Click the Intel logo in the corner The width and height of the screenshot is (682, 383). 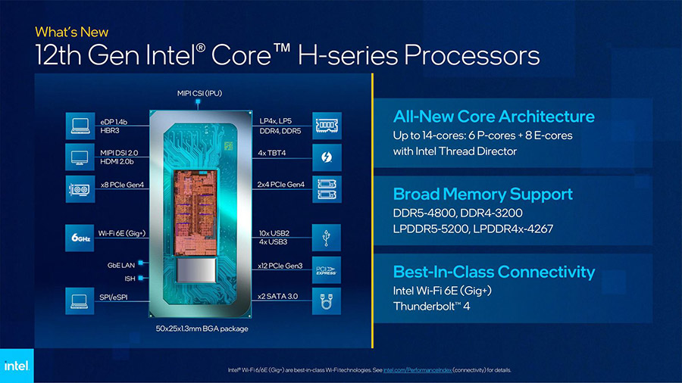[17, 366]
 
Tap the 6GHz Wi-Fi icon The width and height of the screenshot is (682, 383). [80, 238]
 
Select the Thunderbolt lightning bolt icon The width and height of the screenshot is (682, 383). [327, 157]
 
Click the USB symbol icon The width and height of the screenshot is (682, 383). [326, 238]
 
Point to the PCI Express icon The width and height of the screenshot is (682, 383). [326, 270]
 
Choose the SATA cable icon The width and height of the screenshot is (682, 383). [326, 301]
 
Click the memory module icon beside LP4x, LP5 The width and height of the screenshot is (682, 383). [327, 126]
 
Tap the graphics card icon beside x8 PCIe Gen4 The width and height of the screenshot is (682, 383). [80, 189]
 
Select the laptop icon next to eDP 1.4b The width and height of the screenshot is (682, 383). [80, 126]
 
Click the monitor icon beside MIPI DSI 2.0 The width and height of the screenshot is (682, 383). [80, 157]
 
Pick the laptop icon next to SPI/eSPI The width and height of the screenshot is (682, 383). [80, 301]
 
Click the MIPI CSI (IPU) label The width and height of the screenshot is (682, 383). [199, 93]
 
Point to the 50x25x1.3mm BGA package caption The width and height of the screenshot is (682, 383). [202, 329]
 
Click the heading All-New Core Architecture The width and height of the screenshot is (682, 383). [493, 117]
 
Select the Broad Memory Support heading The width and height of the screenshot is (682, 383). [483, 194]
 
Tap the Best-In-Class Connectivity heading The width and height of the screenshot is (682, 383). [494, 272]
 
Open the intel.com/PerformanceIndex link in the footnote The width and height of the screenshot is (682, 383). [417, 370]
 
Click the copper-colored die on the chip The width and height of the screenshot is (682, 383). [196, 213]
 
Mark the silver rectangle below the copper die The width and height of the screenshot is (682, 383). [196, 270]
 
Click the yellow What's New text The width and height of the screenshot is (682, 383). [72, 32]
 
